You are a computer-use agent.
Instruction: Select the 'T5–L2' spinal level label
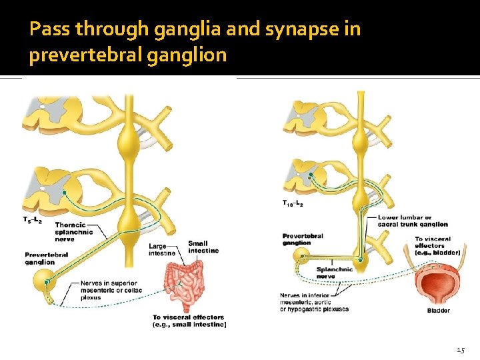(32, 219)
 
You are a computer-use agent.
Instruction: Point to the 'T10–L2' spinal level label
(293, 204)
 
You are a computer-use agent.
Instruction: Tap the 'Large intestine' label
(162, 249)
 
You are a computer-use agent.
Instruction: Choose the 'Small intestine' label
(203, 247)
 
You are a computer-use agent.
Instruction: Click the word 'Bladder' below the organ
(438, 311)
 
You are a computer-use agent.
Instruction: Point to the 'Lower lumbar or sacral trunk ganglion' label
(413, 221)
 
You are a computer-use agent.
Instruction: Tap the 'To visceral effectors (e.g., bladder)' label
(437, 245)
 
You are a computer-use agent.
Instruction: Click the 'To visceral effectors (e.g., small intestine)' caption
(189, 321)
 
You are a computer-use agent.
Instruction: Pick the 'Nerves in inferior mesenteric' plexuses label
(314, 302)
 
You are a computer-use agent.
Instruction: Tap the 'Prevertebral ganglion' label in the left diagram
(47, 258)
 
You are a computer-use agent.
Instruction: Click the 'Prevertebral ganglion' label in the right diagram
(303, 239)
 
